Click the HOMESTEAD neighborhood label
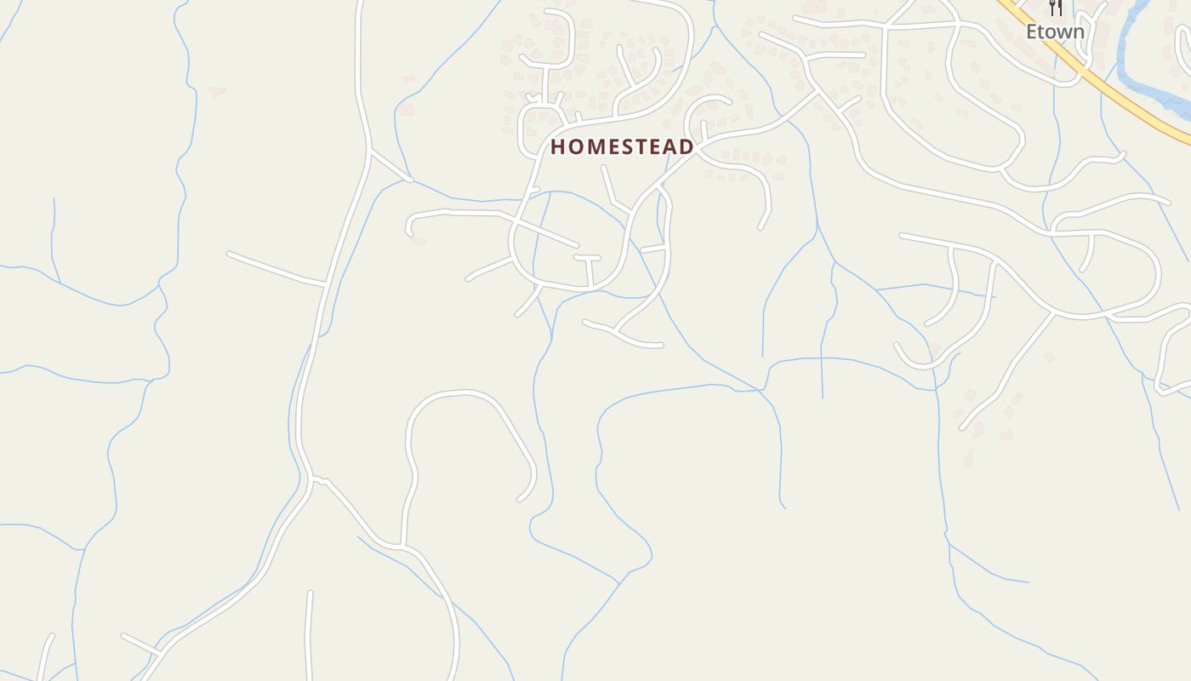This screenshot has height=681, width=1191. click(622, 147)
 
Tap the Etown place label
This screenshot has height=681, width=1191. click(1055, 32)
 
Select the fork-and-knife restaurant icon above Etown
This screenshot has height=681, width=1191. click(1056, 8)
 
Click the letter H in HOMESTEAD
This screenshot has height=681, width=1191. click(558, 147)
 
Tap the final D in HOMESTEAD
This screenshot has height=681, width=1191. click(686, 147)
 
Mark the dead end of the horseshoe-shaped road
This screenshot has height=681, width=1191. click(520, 499)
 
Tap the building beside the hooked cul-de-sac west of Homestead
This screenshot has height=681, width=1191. click(417, 241)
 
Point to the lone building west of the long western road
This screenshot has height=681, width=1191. click(217, 90)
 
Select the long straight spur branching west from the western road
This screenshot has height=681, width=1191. click(276, 268)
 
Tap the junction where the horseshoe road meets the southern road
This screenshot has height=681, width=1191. click(402, 545)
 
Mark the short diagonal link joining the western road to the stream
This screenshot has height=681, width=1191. click(390, 168)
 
